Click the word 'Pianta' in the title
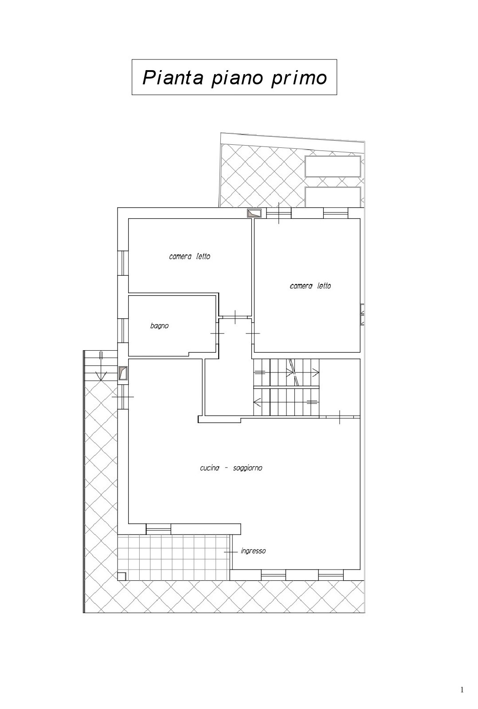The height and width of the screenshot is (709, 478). pyautogui.click(x=172, y=77)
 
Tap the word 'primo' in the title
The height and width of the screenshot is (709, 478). pyautogui.click(x=299, y=78)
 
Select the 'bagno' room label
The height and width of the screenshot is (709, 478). pyautogui.click(x=159, y=326)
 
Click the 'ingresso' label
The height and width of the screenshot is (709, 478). pyautogui.click(x=253, y=551)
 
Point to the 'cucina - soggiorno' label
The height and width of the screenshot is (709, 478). pyautogui.click(x=231, y=468)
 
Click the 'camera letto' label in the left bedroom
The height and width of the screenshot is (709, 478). pyautogui.click(x=190, y=256)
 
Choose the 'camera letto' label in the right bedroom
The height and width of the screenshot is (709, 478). pyautogui.click(x=310, y=286)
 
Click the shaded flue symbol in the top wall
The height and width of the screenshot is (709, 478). pyautogui.click(x=255, y=214)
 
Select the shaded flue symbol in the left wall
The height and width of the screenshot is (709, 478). pyautogui.click(x=123, y=373)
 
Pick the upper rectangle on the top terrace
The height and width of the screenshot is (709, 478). pyautogui.click(x=333, y=166)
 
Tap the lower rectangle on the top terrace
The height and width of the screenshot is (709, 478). pyautogui.click(x=333, y=197)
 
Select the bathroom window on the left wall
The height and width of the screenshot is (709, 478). pyautogui.click(x=123, y=331)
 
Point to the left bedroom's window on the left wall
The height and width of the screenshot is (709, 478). pyautogui.click(x=123, y=263)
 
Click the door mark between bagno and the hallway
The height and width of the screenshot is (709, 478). pyautogui.click(x=217, y=333)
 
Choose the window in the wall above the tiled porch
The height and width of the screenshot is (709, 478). pyautogui.click(x=158, y=529)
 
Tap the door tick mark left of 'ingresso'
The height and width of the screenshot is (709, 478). pyautogui.click(x=231, y=552)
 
